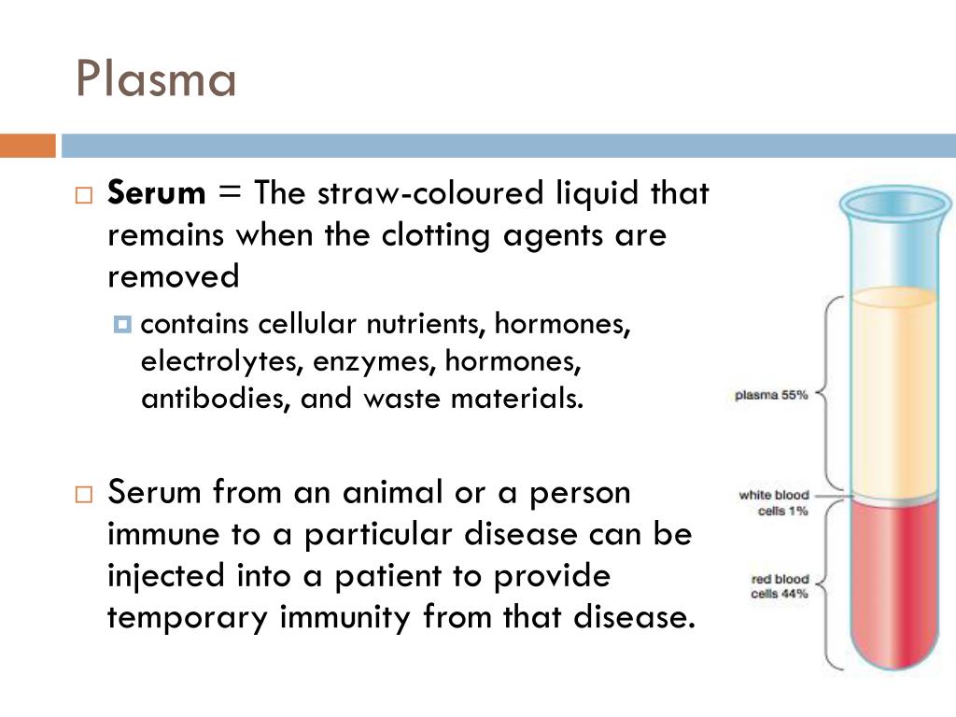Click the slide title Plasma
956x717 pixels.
pyautogui.click(x=156, y=79)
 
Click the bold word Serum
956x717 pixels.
pyautogui.click(x=156, y=194)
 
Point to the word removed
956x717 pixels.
pyautogui.click(x=174, y=276)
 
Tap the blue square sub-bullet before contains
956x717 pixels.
pyautogui.click(x=122, y=325)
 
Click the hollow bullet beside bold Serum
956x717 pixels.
pyautogui.click(x=83, y=196)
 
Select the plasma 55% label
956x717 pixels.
pyautogui.click(x=770, y=395)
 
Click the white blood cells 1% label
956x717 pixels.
pyautogui.click(x=774, y=503)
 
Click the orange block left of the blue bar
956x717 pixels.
pyautogui.click(x=27, y=146)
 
